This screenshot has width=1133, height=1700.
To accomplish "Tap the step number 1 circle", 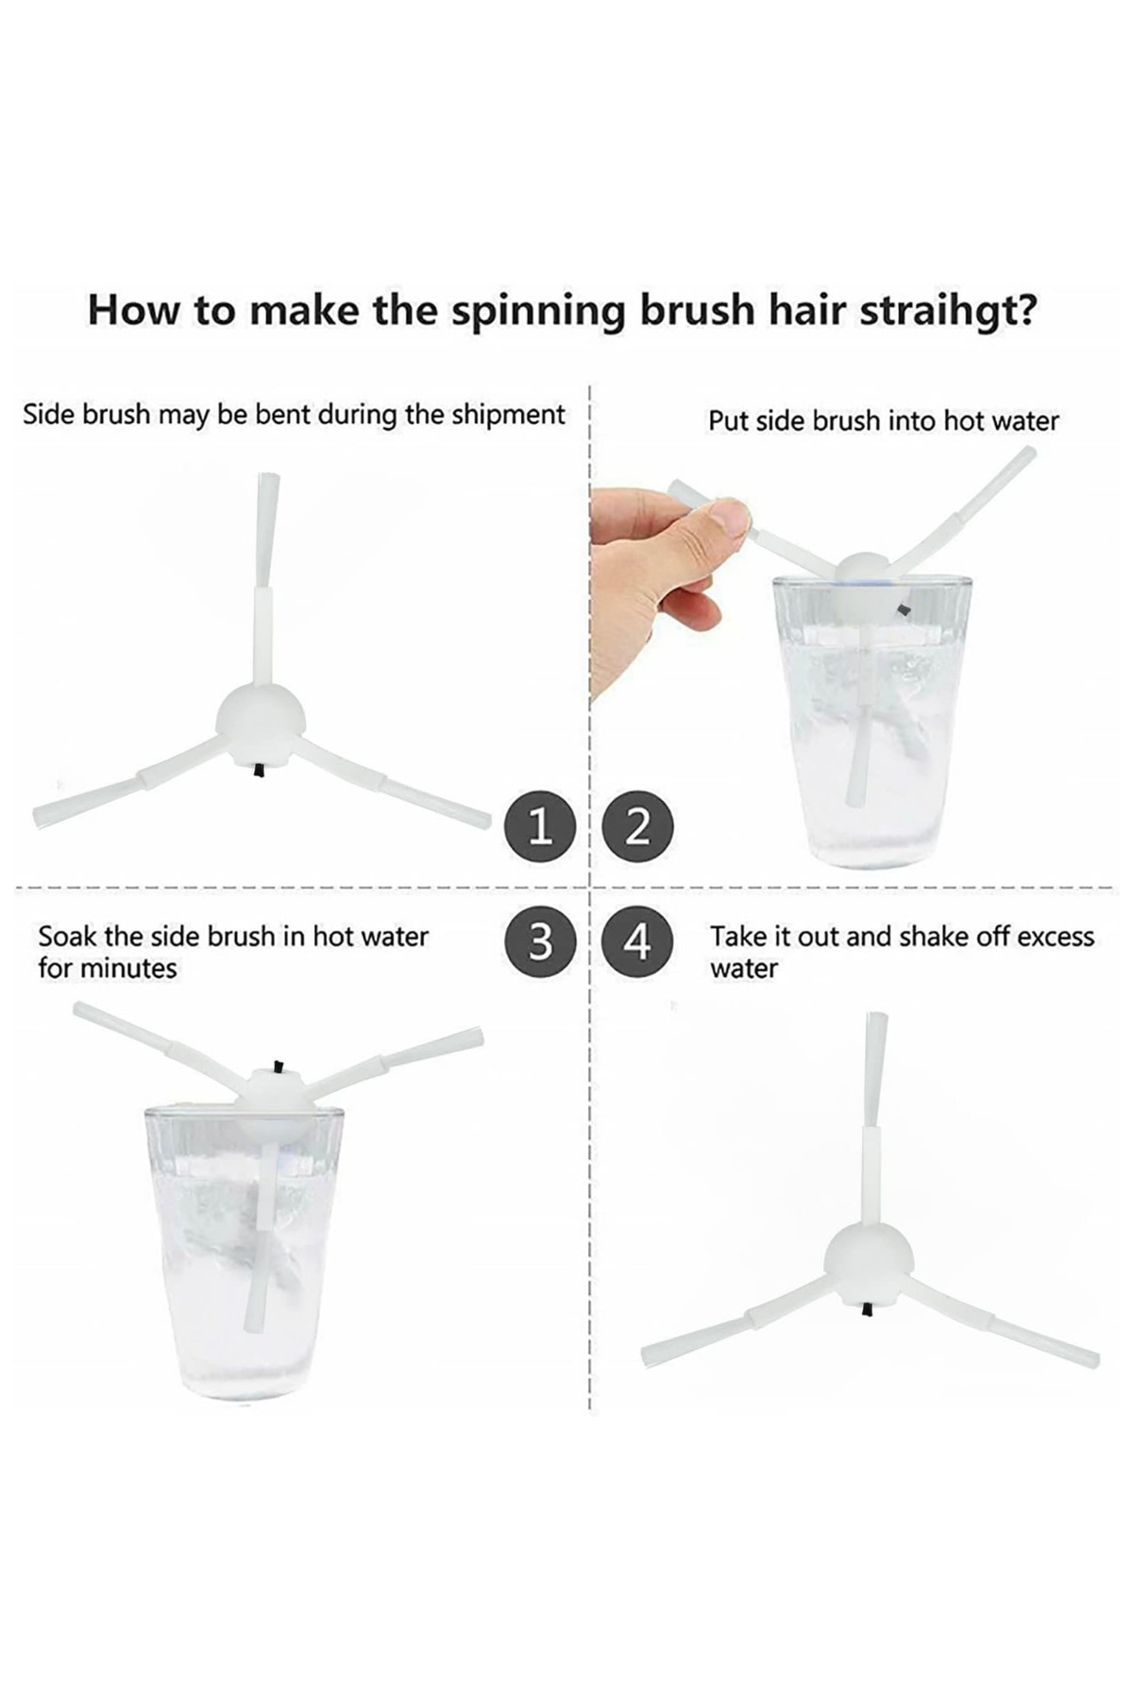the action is pos(540,825).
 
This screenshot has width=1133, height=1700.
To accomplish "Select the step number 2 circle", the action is pos(638,825).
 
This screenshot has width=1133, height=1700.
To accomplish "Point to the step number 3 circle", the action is pos(540,942).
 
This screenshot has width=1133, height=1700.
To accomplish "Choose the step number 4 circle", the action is pos(638,942).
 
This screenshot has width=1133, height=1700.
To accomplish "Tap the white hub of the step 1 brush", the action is pos(261,722).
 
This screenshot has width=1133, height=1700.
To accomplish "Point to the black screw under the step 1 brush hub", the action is pos(258,771).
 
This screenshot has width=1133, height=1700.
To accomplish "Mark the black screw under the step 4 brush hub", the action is pos(867,1309).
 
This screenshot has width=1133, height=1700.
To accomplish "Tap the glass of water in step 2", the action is pos(871,722).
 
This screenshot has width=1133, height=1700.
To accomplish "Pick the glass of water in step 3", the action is pos(245,1252).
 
